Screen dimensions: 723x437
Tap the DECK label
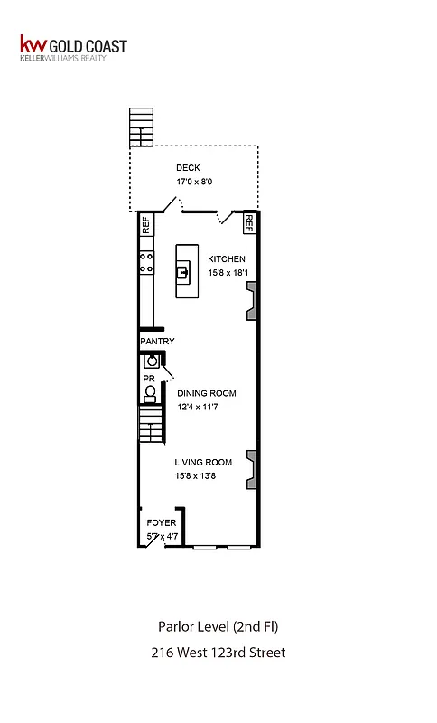coord(188,167)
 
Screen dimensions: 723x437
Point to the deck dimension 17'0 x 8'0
coord(194,182)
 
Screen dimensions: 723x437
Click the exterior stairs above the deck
coord(141,127)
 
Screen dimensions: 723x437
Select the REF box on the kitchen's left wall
coord(144,225)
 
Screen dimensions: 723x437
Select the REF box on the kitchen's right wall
coord(250,222)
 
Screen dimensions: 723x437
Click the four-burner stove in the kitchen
coord(144,261)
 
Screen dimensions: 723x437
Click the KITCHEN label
coord(227,258)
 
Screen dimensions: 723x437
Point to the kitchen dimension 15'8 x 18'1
coord(227,272)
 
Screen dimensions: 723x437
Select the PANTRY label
coord(156,342)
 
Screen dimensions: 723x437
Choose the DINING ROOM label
coord(207,393)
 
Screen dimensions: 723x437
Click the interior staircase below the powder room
coord(149,423)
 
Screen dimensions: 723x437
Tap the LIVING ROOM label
coord(204,463)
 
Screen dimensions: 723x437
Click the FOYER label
coord(162,523)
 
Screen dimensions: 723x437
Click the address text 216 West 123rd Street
coord(218,652)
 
